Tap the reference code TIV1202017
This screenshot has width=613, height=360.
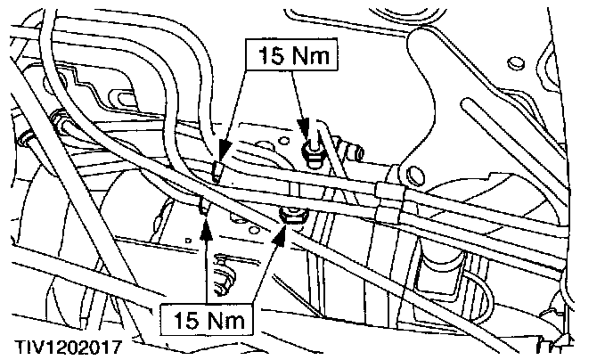pyautogui.click(x=63, y=343)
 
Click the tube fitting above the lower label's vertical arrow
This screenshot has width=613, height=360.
pyautogui.click(x=205, y=206)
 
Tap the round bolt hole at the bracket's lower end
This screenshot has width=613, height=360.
pyautogui.click(x=412, y=172)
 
